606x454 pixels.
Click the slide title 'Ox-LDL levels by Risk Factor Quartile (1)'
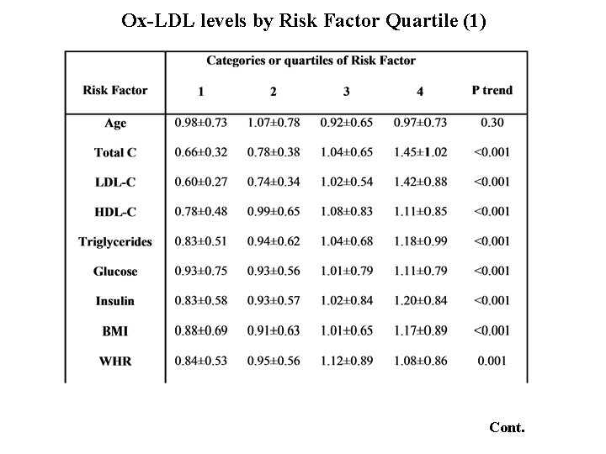pos(303,20)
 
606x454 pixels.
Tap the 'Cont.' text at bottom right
pos(507,427)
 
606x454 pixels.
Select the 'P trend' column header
pos(492,90)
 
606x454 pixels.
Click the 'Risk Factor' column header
pos(115,90)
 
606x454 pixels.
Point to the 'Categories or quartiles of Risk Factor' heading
pos(311,61)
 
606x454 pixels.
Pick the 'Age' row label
pos(115,123)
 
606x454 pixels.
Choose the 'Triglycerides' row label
pos(115,241)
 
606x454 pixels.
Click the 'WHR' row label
pos(115,361)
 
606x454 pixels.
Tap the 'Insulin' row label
pos(115,301)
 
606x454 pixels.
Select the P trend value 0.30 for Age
pos(492,123)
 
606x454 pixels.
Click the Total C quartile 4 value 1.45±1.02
pos(420,152)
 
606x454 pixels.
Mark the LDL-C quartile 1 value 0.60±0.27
pos(201,182)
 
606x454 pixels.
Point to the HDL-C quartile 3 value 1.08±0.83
pos(347,212)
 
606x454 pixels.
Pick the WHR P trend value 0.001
pos(492,361)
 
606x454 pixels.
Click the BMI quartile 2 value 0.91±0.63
pos(274,330)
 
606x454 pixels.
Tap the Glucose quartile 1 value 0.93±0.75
pos(201,272)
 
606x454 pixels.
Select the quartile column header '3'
pos(347,91)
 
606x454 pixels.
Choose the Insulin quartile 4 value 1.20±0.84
pos(420,301)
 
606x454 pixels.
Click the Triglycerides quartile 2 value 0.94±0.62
pos(274,241)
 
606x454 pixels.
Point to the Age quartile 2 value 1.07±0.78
pos(274,123)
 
